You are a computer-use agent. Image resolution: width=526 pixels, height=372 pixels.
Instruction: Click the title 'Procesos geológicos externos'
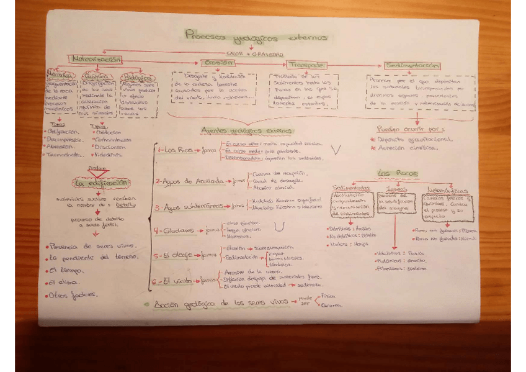tap(256, 37)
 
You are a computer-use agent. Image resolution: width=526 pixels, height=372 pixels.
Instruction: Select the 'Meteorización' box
tap(96, 59)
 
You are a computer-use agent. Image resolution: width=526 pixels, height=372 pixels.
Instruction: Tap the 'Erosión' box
tap(217, 63)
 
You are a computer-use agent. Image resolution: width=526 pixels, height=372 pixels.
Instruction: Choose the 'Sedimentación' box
tap(412, 65)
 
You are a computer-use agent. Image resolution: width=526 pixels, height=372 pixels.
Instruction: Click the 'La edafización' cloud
tap(101, 183)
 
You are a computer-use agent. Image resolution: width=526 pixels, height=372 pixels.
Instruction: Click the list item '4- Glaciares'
tap(176, 230)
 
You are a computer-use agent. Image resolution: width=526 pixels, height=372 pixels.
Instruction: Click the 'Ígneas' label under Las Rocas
tap(396, 189)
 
